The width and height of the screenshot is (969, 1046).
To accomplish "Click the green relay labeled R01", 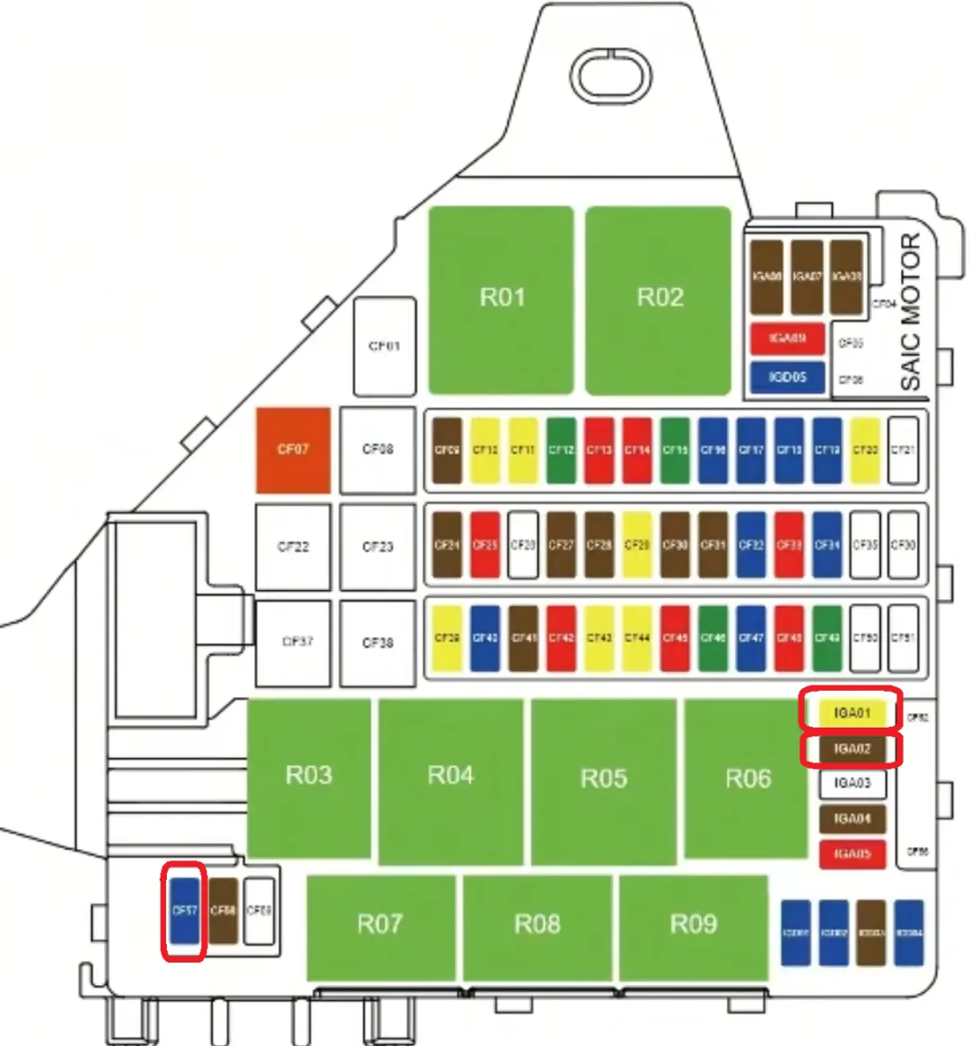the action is click(x=501, y=300).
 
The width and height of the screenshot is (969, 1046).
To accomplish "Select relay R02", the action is click(x=659, y=300).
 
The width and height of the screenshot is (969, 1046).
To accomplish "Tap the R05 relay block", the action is click(x=603, y=780).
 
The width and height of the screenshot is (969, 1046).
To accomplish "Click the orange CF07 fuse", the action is click(x=293, y=450).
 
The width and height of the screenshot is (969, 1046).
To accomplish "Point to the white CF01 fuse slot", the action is click(x=384, y=346).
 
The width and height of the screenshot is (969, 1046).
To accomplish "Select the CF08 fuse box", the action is click(x=378, y=450).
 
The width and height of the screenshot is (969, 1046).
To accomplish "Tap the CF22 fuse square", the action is click(x=293, y=546).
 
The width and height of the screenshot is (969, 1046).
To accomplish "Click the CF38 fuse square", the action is click(x=378, y=642).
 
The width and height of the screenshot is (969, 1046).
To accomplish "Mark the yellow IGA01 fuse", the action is click(x=851, y=714).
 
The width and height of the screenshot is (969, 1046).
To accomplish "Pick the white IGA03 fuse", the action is click(x=851, y=783).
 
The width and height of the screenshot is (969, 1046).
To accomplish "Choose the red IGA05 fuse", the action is click(x=851, y=853).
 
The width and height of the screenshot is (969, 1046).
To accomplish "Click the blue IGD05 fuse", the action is click(x=787, y=377).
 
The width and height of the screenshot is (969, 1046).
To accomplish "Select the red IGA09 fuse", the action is click(x=787, y=339).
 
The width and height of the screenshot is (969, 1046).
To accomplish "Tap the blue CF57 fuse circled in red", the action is click(x=185, y=911).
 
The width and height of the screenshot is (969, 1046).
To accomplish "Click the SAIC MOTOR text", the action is click(x=910, y=312).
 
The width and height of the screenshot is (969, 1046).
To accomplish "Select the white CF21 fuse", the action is click(x=903, y=450).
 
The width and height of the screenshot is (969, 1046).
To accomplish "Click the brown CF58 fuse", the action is click(x=223, y=911).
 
